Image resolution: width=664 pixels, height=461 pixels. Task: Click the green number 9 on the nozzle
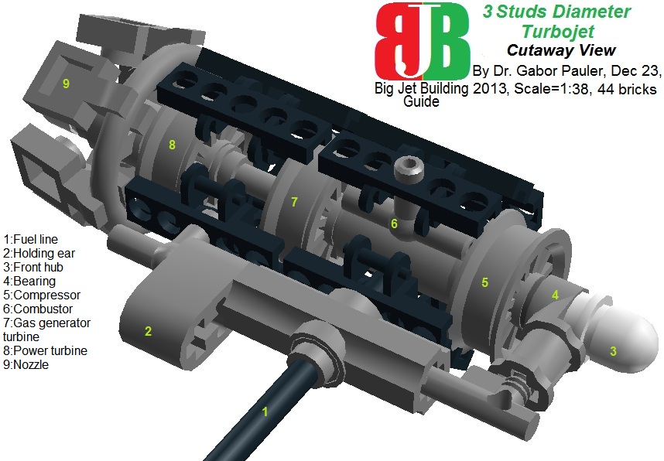click(x=67, y=84)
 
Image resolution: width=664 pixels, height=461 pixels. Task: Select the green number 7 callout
click(x=294, y=202)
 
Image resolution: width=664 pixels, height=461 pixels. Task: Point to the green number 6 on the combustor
click(x=394, y=224)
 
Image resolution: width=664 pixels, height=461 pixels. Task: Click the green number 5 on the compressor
click(x=484, y=282)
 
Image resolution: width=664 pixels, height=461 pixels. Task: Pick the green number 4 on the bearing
click(x=554, y=294)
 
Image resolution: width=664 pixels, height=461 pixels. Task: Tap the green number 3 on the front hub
click(x=613, y=351)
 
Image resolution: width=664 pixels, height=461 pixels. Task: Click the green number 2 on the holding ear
click(x=147, y=331)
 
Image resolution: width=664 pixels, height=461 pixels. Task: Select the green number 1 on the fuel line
click(x=265, y=411)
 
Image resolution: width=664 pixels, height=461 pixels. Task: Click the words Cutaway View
click(x=560, y=50)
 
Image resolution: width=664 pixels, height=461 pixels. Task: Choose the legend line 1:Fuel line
click(x=31, y=239)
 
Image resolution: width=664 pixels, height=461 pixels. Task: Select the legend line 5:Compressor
click(x=42, y=295)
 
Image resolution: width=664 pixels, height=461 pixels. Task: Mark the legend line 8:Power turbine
click(x=46, y=350)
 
